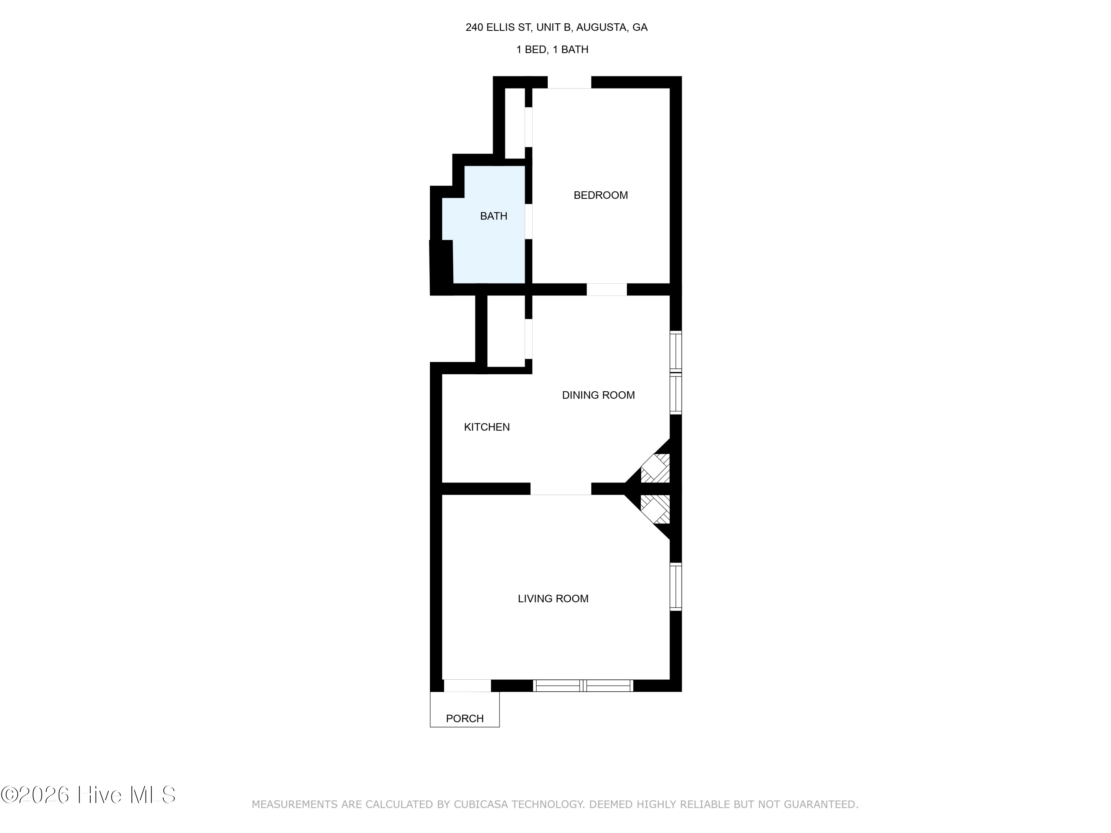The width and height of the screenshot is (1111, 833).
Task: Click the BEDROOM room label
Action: [x=601, y=195]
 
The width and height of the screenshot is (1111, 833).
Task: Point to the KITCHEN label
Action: [x=487, y=427]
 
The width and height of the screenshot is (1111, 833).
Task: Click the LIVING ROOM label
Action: [x=553, y=599]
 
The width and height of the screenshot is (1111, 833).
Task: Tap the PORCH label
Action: [x=465, y=719]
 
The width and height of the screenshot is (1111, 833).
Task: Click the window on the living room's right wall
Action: [x=676, y=587]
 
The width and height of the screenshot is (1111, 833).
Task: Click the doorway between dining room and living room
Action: [x=561, y=489]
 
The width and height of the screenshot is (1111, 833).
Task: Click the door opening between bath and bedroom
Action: [x=528, y=221]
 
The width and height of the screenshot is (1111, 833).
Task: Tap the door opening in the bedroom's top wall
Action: [x=569, y=82]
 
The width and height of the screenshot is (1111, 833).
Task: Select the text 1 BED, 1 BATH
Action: [x=553, y=50]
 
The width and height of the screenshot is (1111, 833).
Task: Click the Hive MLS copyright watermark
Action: [x=89, y=795]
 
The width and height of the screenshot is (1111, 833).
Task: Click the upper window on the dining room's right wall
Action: [x=676, y=351]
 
